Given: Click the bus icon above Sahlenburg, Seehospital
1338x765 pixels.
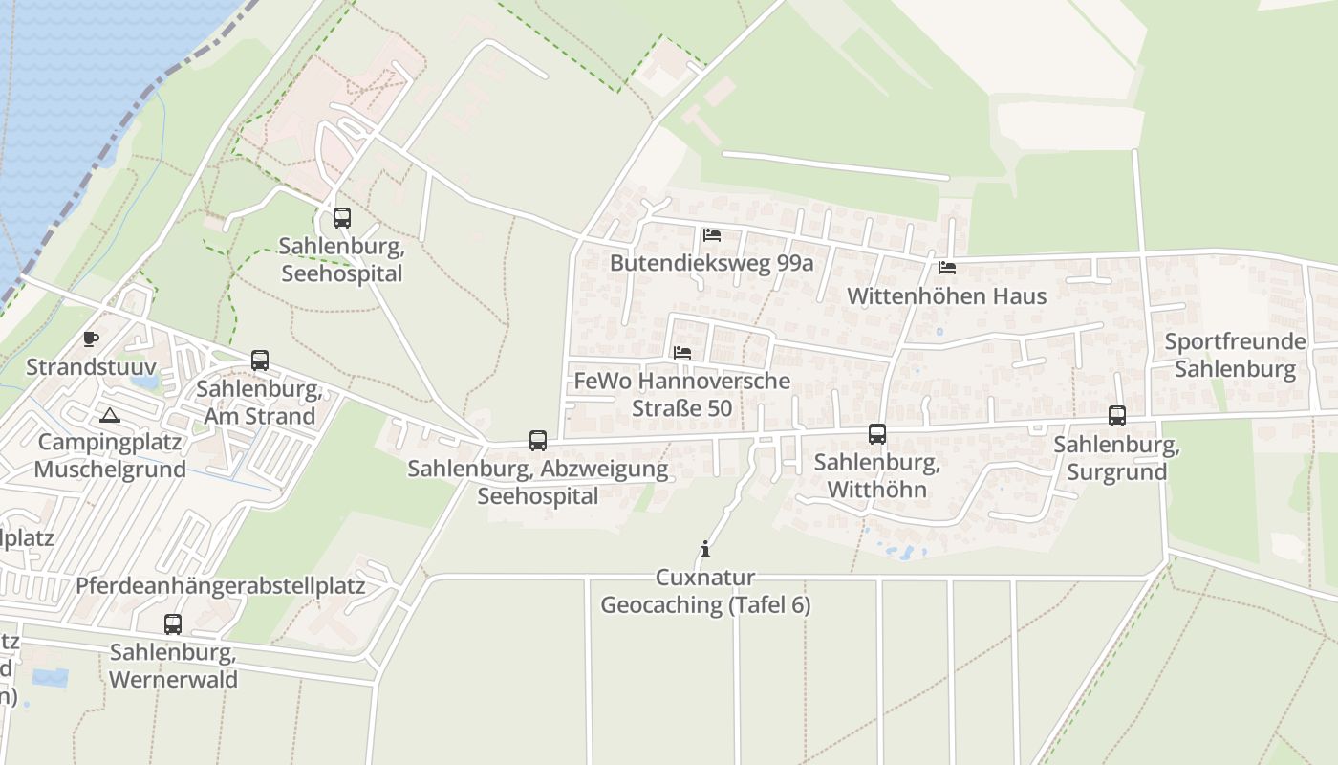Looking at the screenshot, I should [x=342, y=218].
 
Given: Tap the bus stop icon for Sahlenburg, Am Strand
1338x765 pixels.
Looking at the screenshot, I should [x=260, y=361].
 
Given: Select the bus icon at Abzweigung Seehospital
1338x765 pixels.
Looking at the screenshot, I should [x=538, y=441].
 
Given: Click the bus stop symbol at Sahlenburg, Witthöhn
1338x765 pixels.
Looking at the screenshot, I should [x=877, y=434].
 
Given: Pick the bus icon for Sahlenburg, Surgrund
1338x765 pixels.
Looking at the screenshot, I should [x=1117, y=416].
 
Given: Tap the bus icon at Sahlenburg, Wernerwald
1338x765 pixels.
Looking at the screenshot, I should [x=173, y=624].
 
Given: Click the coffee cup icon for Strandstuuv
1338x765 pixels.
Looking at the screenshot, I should [x=91, y=339].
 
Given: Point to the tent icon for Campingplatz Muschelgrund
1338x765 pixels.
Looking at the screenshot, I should [x=110, y=415].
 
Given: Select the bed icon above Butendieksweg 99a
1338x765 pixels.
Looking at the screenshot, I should [x=711, y=234].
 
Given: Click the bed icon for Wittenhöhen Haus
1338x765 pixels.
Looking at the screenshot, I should [x=947, y=268].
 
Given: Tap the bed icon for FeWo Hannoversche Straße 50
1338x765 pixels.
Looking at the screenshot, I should [x=681, y=353].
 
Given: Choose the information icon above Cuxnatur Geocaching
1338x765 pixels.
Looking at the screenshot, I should [x=705, y=549].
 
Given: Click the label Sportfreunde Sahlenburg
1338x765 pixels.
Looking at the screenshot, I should [x=1235, y=355].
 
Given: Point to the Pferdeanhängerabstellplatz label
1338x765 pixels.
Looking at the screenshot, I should [x=220, y=585].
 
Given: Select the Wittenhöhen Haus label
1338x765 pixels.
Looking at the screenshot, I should [x=946, y=295].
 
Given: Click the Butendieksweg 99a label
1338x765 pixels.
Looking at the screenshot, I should [x=711, y=263].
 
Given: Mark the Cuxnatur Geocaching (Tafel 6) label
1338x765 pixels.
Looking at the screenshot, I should [x=705, y=591].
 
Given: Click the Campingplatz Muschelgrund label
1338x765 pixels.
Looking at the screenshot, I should [x=110, y=456].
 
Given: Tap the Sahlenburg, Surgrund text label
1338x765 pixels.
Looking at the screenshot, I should [x=1116, y=458].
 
